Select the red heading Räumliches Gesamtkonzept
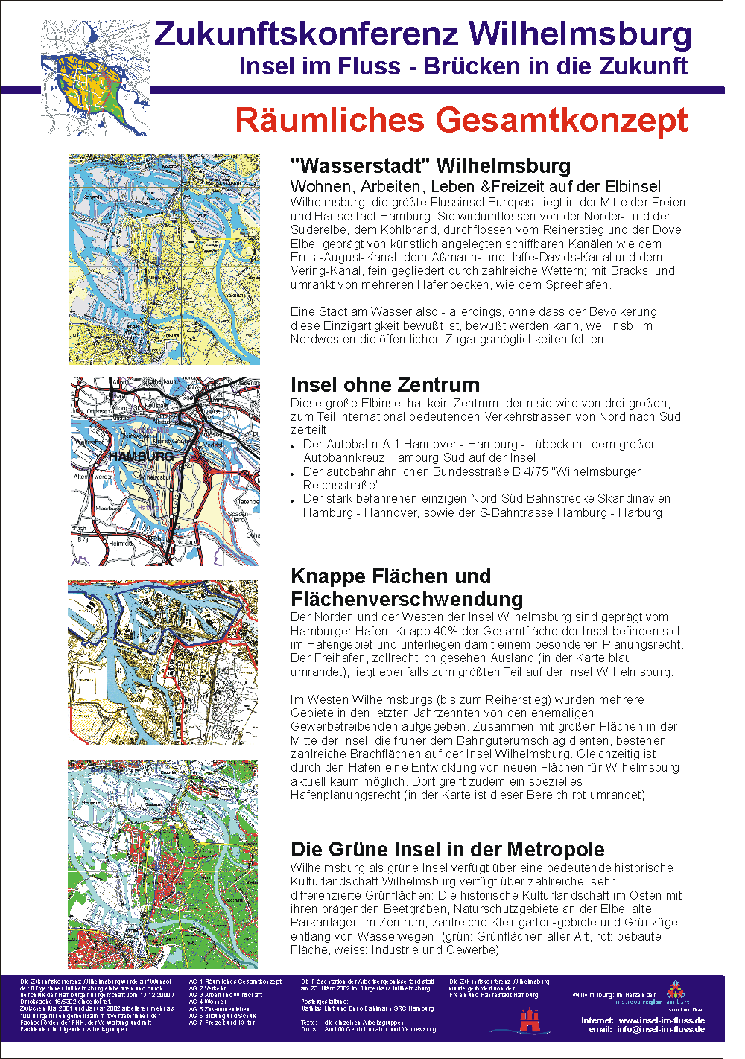point(461,120)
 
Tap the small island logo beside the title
point(95,77)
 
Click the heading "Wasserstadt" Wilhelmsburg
point(431,165)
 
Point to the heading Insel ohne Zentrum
point(385,384)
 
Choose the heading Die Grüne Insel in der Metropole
point(447,849)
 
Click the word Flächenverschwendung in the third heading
point(407,599)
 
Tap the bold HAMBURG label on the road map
point(141,456)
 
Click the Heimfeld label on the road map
point(121,543)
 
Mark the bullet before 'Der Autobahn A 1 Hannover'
point(294,446)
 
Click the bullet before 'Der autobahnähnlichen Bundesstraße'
point(294,474)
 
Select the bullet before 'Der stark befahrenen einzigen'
point(294,500)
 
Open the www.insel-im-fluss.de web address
point(662,1020)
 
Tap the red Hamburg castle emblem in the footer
point(529,1020)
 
